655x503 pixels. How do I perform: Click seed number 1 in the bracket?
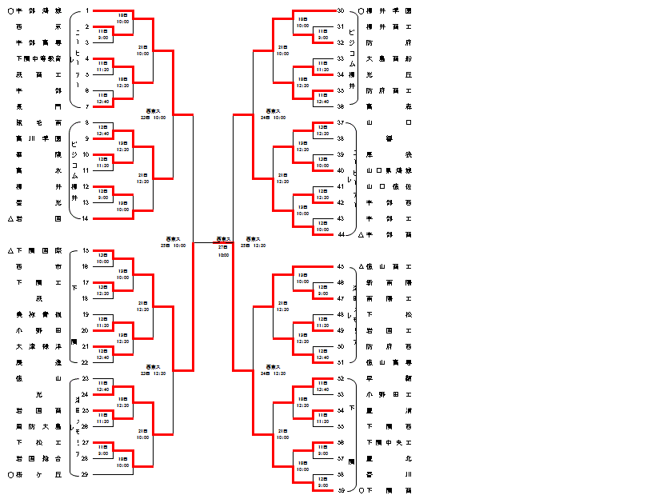tap(86, 11)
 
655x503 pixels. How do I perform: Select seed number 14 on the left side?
tap(86, 218)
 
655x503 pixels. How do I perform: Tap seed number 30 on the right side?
tap(340, 11)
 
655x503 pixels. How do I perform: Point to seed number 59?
tap(340, 490)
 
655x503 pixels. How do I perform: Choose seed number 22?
tap(86, 362)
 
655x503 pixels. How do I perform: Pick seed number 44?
tap(340, 234)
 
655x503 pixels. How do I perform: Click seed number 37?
tap(340, 123)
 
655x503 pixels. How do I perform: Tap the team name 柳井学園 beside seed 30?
tap(389, 11)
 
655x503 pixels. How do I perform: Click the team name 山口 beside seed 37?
tap(389, 123)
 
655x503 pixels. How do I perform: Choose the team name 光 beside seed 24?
tap(38, 394)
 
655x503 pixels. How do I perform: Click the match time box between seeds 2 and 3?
tap(103, 35)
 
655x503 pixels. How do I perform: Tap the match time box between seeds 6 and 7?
tap(103, 99)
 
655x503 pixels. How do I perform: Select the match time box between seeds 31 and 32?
tap(322, 35)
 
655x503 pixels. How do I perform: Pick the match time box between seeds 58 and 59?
tap(322, 482)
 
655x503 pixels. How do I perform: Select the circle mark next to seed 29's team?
tap(10, 474)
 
